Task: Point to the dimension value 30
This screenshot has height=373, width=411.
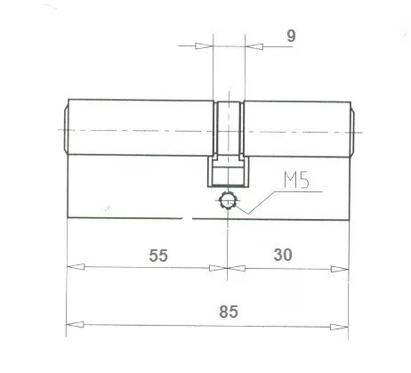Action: coord(284,255)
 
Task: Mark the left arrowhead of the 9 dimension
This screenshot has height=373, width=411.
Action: coord(207,46)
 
